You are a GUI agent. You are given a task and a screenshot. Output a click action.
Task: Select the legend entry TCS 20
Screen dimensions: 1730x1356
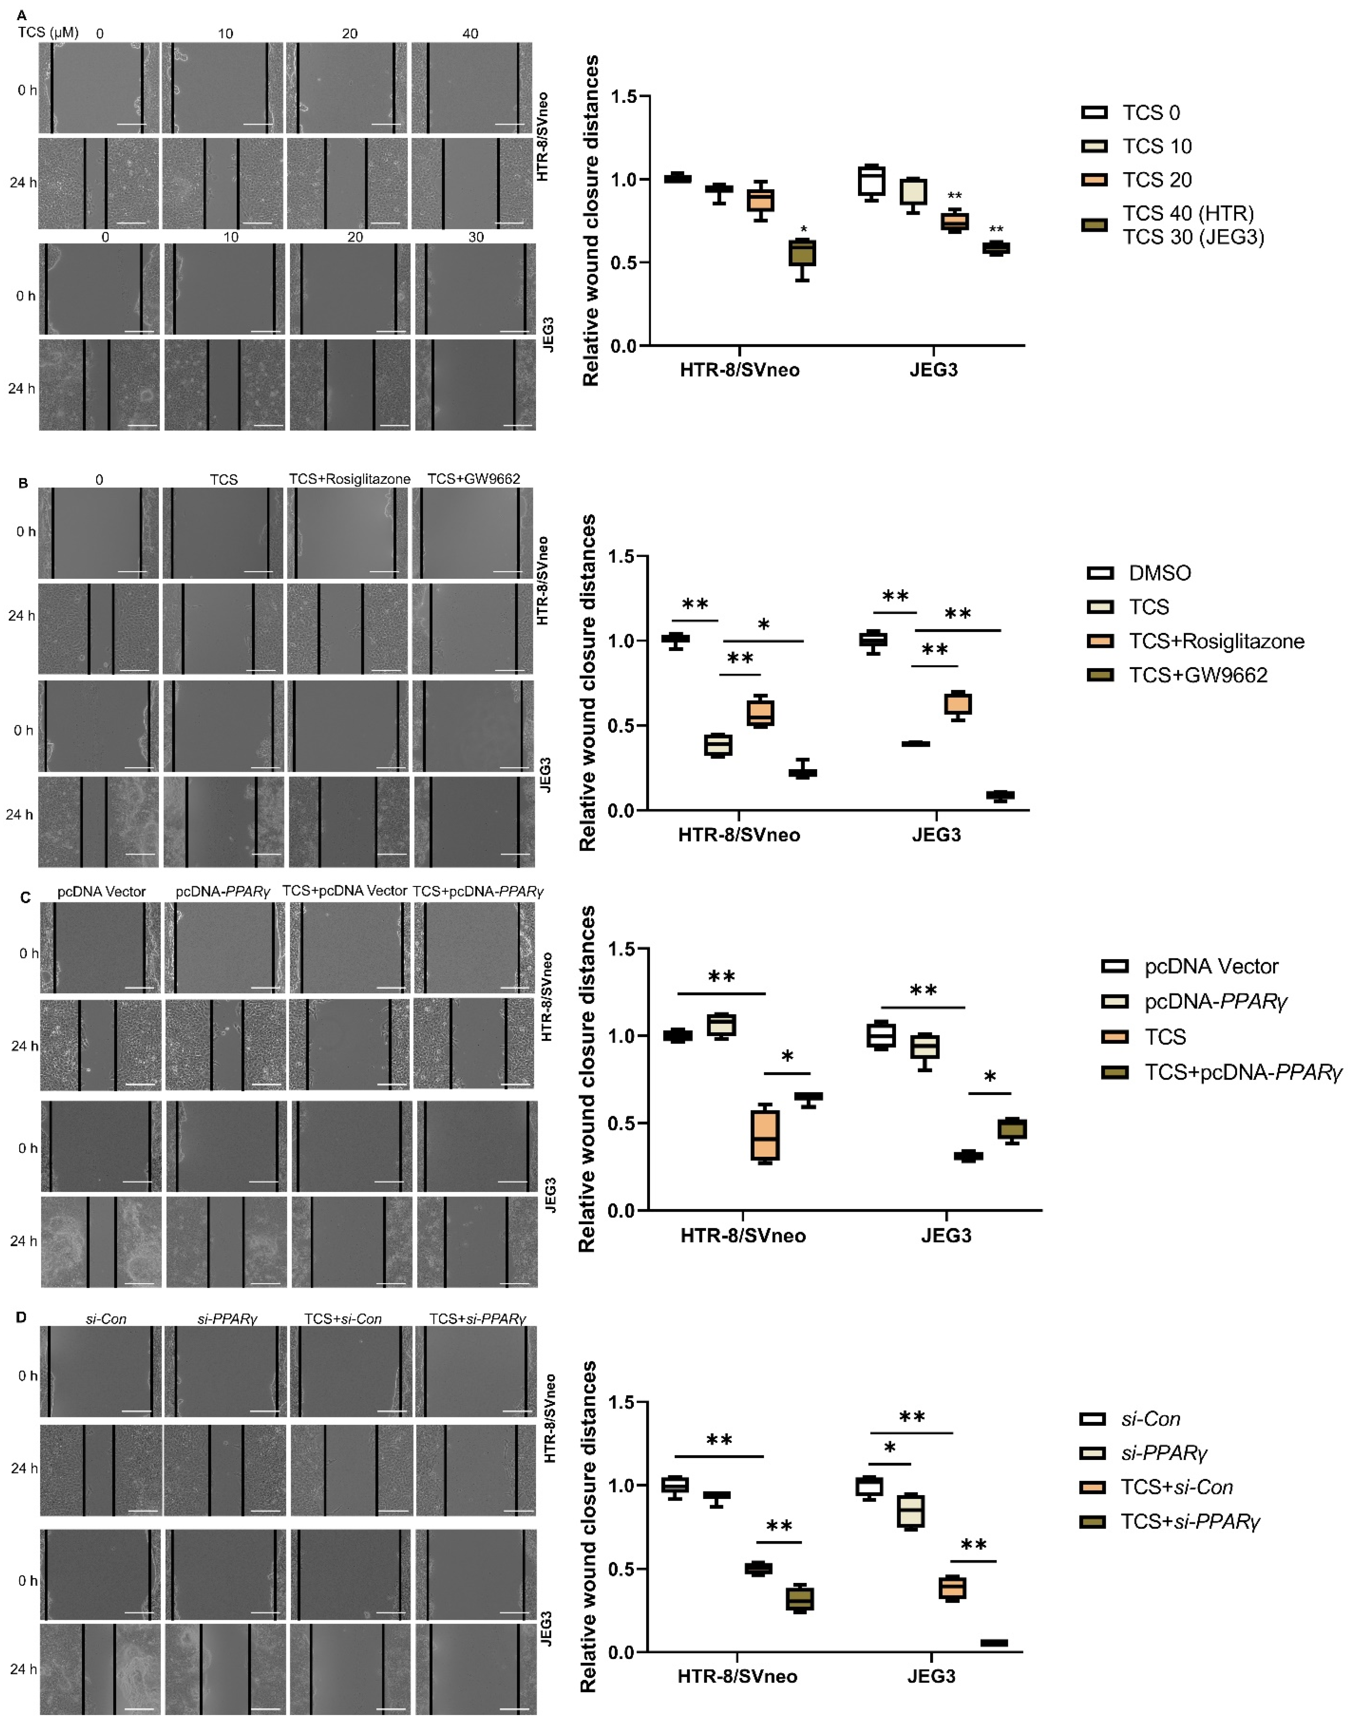(x=1156, y=180)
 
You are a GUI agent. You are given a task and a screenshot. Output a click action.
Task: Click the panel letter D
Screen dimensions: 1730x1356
(x=22, y=1317)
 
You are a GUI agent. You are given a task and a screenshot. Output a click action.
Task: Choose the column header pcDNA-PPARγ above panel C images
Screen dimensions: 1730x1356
(x=223, y=891)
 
